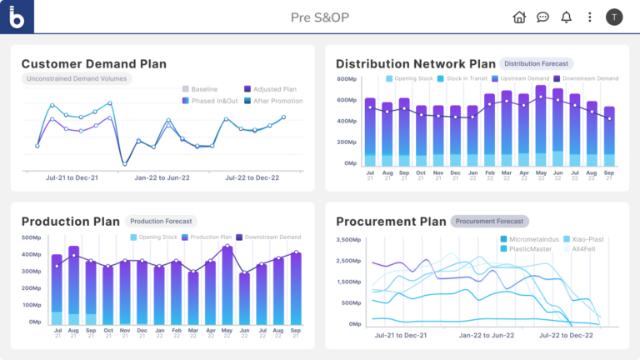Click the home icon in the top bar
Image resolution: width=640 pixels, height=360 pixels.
pyautogui.click(x=519, y=17)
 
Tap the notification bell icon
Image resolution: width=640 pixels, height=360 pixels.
pyautogui.click(x=567, y=17)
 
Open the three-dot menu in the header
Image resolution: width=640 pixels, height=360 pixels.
pyautogui.click(x=590, y=17)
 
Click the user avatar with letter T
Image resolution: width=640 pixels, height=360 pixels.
pyautogui.click(x=614, y=17)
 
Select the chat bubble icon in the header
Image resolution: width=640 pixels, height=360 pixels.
pyautogui.click(x=542, y=17)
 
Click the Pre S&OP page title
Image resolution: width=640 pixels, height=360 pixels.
pyautogui.click(x=319, y=17)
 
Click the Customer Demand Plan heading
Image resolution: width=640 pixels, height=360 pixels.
pyautogui.click(x=93, y=63)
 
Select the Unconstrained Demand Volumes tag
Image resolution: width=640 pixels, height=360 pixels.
pyautogui.click(x=77, y=79)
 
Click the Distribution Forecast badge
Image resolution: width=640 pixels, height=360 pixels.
pyautogui.click(x=536, y=63)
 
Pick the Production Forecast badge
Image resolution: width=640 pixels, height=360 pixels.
pyautogui.click(x=162, y=222)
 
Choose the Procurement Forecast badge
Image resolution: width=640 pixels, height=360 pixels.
pyautogui.click(x=490, y=222)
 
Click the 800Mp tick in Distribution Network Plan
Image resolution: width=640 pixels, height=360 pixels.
pyautogui.click(x=347, y=79)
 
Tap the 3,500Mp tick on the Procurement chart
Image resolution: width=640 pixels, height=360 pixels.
pyautogui.click(x=348, y=240)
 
